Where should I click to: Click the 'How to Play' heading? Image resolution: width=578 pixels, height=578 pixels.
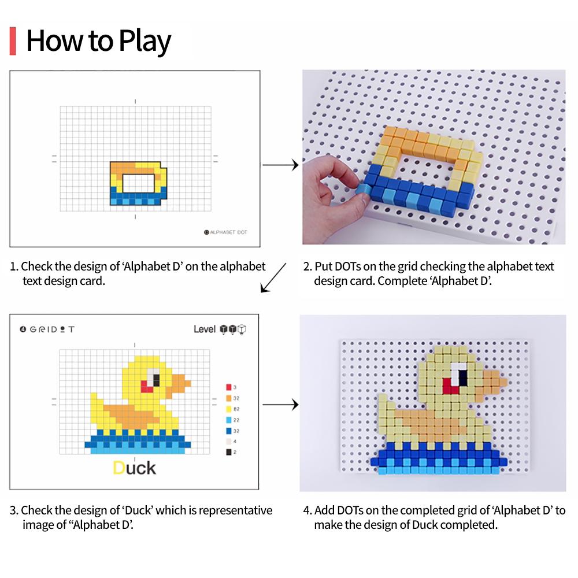point(98,41)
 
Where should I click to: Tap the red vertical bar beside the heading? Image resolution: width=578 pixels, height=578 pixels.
point(13,41)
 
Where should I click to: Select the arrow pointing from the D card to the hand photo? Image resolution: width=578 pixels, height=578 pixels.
point(280,166)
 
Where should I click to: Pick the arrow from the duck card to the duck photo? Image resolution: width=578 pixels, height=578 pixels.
point(280,405)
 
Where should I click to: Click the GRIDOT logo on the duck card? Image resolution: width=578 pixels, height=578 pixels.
point(47,329)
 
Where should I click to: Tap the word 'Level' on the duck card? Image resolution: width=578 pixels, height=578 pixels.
point(205,329)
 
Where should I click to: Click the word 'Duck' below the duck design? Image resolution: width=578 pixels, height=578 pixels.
point(134,467)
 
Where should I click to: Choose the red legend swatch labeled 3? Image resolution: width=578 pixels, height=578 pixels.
point(229,387)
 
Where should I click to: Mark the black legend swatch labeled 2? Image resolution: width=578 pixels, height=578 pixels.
point(229,452)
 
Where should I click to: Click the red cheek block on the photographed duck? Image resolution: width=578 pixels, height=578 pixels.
point(449,386)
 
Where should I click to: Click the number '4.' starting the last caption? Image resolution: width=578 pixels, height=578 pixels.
point(306,510)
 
